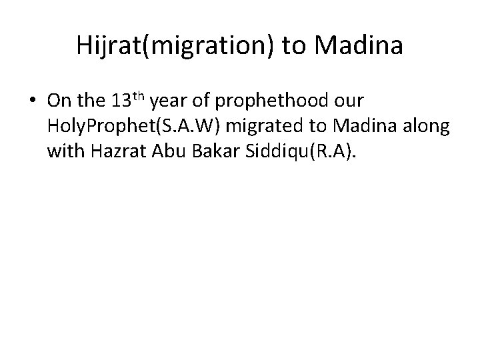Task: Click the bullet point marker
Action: (33, 102)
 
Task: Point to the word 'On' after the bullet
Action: (58, 101)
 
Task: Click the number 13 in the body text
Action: (120, 101)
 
